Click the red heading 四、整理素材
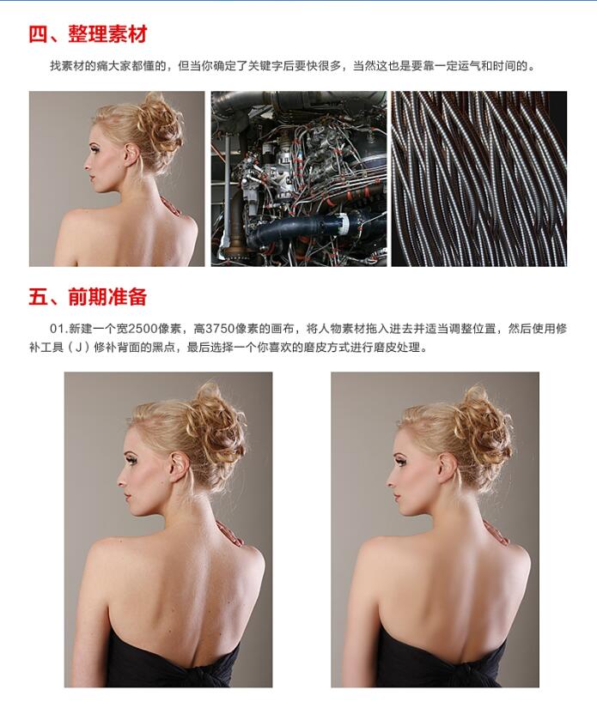pyautogui.click(x=88, y=34)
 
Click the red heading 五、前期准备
pyautogui.click(x=88, y=297)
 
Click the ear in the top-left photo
pyautogui.click(x=131, y=154)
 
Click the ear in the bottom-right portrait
pyautogui.click(x=447, y=468)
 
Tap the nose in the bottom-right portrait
pyautogui.click(x=391, y=481)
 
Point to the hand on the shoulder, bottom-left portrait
pyautogui.click(x=230, y=534)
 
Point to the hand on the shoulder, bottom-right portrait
pyautogui.click(x=497, y=533)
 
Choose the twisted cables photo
pyautogui.click(x=479, y=179)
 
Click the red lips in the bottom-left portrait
pyautogui.click(x=128, y=497)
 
